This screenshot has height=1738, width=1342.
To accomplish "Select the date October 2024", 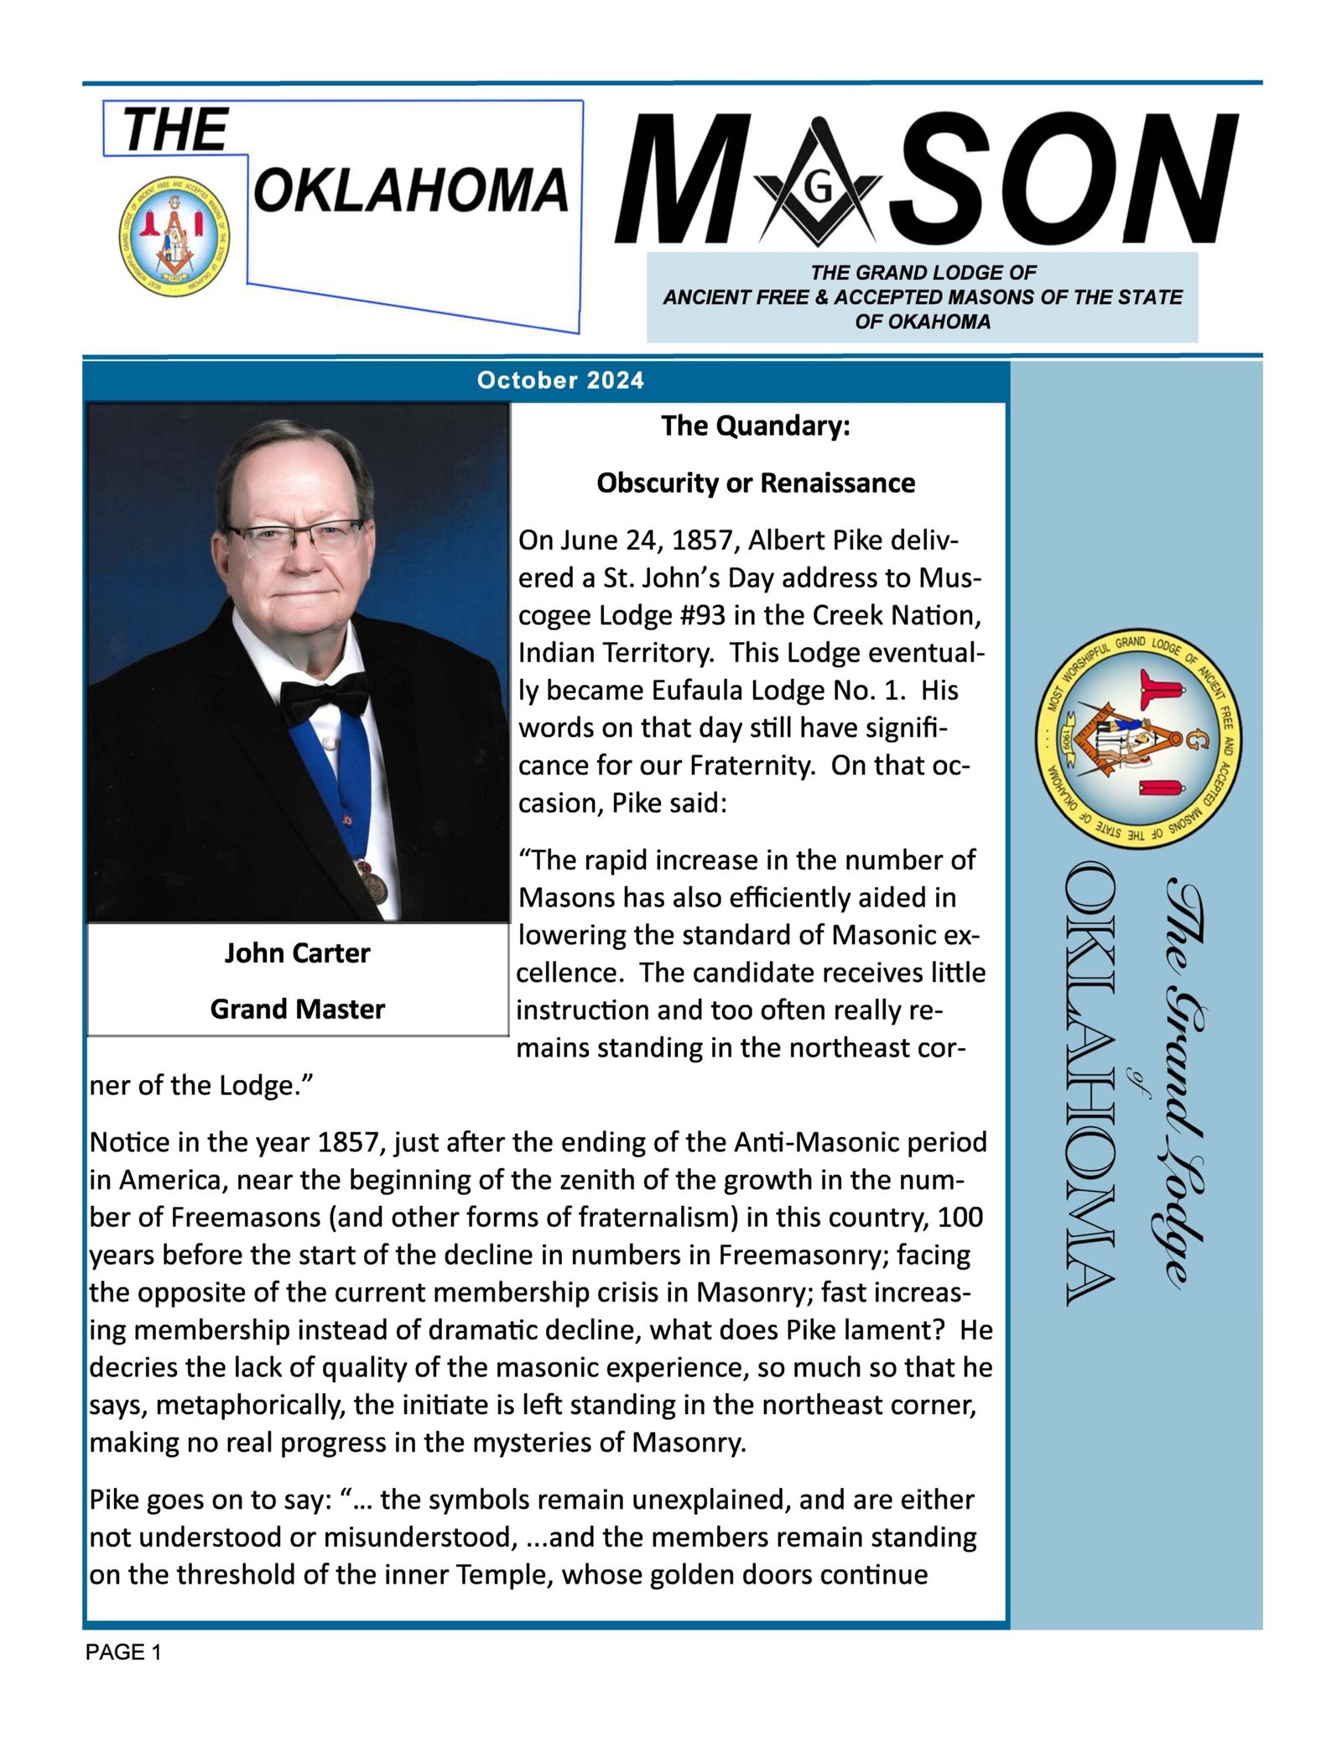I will [x=560, y=381].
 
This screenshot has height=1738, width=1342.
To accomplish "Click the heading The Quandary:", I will [x=756, y=426].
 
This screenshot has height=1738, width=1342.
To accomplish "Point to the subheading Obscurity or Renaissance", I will [x=756, y=483].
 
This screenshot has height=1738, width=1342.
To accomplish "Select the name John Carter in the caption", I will [x=297, y=953].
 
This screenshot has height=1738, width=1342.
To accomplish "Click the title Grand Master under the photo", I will [x=297, y=1009].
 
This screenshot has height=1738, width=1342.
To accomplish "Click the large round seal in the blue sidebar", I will [x=1139, y=739].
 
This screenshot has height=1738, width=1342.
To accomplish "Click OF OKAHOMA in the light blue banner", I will [x=922, y=321].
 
